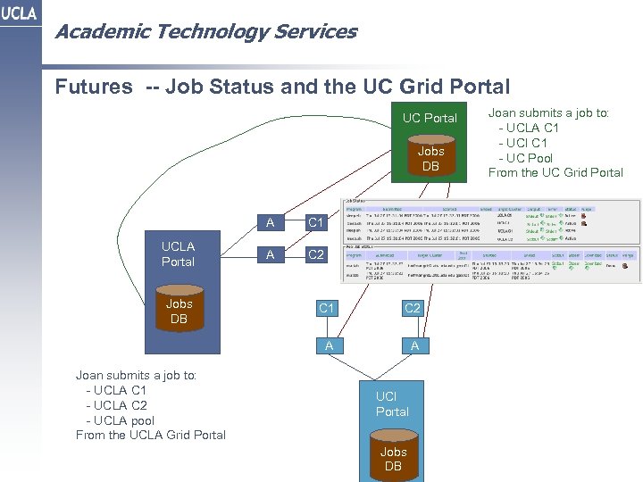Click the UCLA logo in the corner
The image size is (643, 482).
(19, 14)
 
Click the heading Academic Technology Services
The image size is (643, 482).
(205, 32)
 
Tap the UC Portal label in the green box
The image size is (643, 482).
(430, 118)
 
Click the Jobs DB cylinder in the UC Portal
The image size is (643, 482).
(430, 158)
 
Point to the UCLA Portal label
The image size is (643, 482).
(178, 253)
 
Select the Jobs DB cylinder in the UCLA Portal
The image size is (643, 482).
(179, 311)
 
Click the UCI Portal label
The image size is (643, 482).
(392, 403)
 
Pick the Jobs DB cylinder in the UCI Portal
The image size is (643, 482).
(393, 458)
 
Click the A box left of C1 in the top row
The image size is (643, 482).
(271, 223)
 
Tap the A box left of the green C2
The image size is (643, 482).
(271, 255)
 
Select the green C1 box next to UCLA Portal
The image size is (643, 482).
(315, 223)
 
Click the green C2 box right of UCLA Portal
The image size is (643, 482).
(315, 255)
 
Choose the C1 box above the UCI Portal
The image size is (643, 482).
(327, 309)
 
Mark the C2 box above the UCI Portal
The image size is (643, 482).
(412, 309)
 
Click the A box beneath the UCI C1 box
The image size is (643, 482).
(329, 345)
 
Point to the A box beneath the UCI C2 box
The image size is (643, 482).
(414, 345)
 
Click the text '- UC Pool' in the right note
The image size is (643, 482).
(531, 158)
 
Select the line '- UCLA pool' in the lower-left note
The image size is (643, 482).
(120, 420)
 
